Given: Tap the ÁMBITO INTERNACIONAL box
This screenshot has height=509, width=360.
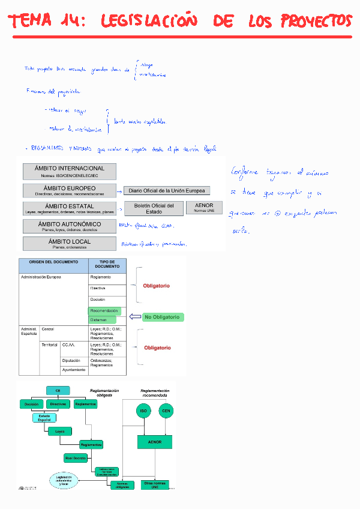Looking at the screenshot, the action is click(69, 171).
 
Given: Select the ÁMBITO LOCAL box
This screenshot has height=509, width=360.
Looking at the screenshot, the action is click(69, 244).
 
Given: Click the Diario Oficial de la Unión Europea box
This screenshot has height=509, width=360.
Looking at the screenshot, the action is click(167, 191).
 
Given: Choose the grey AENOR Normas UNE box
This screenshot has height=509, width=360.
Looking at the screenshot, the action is click(204, 207).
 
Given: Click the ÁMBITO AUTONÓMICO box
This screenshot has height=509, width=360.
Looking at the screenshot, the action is click(69, 226).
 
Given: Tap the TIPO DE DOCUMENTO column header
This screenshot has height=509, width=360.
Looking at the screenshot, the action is click(107, 265).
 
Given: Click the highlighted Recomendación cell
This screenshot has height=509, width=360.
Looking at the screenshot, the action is click(104, 311).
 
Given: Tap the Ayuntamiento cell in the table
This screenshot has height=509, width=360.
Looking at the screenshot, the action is click(74, 370).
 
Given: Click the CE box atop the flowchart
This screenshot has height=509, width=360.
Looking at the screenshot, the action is click(58, 390).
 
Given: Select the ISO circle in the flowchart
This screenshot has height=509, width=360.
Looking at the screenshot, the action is click(143, 411).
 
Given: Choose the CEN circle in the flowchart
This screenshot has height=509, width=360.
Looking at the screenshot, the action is click(166, 411).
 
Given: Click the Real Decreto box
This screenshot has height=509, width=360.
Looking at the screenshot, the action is click(76, 458).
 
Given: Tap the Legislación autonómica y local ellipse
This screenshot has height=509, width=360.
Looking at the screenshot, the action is click(64, 480).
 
